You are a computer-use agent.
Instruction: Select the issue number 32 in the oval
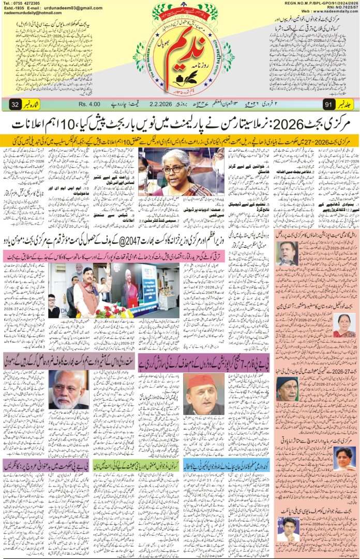[15, 105]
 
